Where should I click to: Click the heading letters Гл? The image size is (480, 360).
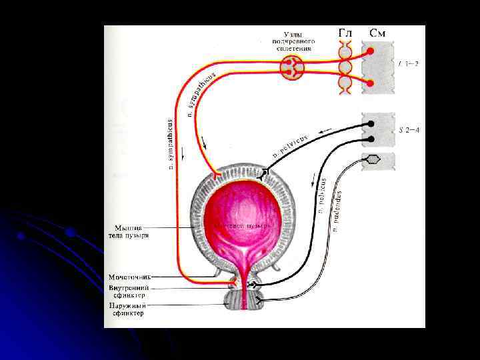[345, 33]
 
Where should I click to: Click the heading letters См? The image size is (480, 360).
[377, 33]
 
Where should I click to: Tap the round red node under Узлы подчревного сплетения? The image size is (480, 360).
[292, 66]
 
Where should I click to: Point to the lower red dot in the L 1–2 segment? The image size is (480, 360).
[371, 83]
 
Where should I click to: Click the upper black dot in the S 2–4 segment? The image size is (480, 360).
[371, 124]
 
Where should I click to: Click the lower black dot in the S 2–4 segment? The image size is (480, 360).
[371, 140]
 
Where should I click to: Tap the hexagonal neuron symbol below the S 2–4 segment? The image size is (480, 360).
[373, 159]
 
